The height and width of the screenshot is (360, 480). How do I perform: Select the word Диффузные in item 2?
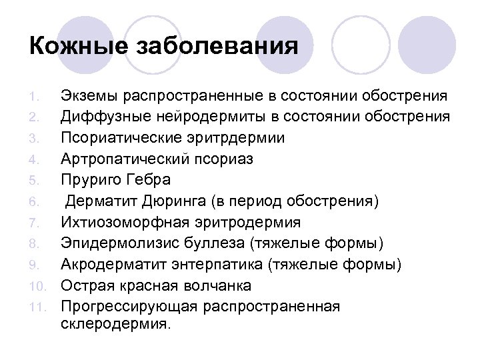(97, 117)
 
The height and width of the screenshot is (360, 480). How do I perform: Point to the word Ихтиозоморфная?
(120, 222)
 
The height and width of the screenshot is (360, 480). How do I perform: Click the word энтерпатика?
(215, 265)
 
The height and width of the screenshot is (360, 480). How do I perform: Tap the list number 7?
(37, 223)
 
